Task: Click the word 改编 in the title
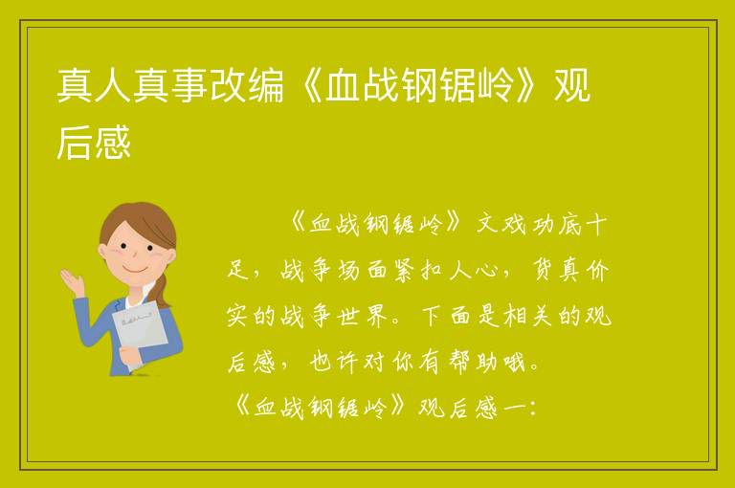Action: click(x=247, y=86)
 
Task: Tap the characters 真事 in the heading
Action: click(x=170, y=86)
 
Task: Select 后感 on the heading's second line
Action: click(x=93, y=142)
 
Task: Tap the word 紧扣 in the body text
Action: click(x=418, y=271)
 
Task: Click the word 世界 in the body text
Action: click(x=363, y=317)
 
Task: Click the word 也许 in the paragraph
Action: click(x=334, y=363)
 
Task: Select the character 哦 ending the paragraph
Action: click(x=514, y=363)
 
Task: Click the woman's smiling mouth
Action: click(x=134, y=271)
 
